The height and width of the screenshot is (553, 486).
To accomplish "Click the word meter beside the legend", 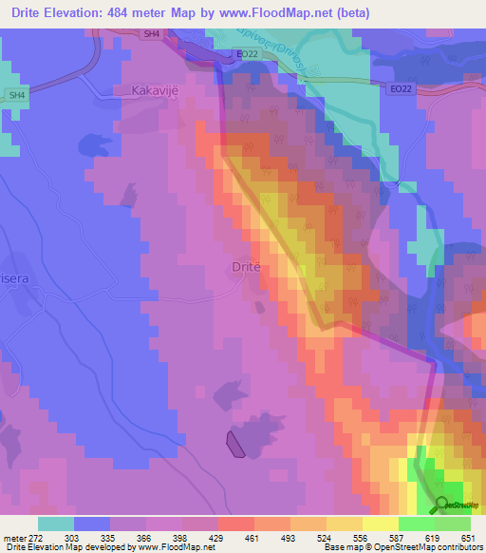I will pos(10,537).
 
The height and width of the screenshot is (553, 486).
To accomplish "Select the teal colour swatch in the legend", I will pos(55,524).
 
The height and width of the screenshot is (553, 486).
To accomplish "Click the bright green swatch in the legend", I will pos(416,524).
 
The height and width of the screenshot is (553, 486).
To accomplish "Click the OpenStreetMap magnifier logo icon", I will pos(441,506).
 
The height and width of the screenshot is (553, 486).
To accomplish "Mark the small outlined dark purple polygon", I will pos(234,443).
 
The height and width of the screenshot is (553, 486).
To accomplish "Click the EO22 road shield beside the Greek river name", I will pos(248,55).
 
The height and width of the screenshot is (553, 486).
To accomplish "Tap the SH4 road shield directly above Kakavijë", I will pos(151,33).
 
